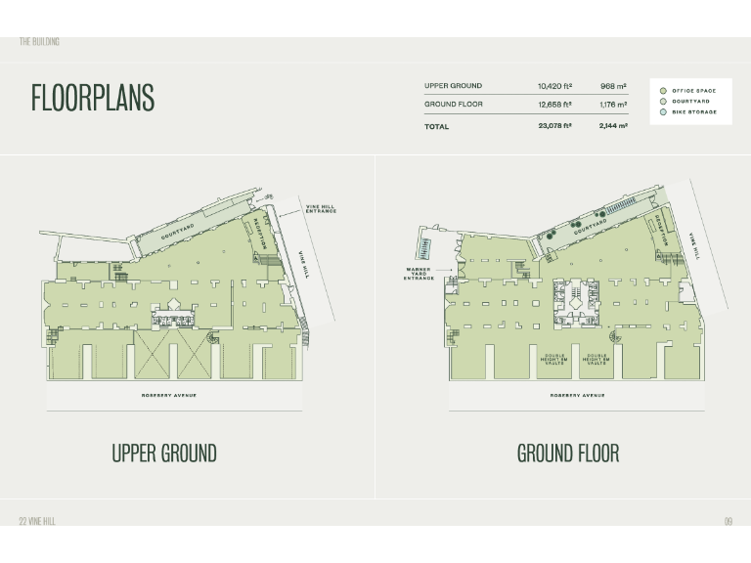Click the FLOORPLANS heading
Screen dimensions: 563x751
click(x=93, y=98)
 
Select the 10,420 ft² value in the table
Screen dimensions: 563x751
click(x=554, y=86)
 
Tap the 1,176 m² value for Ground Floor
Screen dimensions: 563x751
click(x=614, y=104)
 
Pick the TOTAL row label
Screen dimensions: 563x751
click(x=436, y=126)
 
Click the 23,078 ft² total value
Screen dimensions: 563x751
click(x=554, y=126)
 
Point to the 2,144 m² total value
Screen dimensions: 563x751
click(x=614, y=126)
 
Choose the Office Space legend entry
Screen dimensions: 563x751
click(x=692, y=91)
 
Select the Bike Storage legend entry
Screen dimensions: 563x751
click(x=693, y=112)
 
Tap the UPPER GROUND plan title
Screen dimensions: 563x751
click(x=164, y=454)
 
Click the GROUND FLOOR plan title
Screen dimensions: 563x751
click(x=568, y=454)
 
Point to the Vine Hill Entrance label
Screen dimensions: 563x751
click(x=320, y=209)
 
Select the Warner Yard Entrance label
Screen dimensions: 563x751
click(x=419, y=274)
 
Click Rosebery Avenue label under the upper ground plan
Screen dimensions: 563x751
click(x=170, y=395)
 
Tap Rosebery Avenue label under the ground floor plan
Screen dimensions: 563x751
click(x=577, y=395)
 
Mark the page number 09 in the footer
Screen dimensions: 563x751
click(x=728, y=521)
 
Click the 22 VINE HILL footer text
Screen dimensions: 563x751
click(x=37, y=521)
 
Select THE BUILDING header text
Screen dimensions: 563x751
click(x=39, y=41)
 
